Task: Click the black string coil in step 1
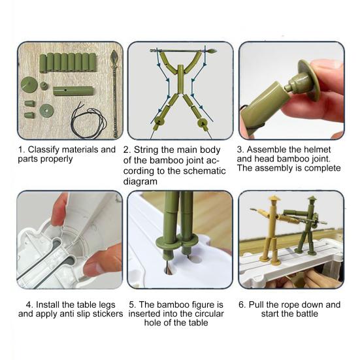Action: [88, 122]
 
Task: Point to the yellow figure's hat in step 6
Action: [272, 198]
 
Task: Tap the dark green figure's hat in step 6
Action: [312, 198]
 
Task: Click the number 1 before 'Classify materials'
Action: [20, 150]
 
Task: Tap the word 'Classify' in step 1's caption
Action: [45, 150]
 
